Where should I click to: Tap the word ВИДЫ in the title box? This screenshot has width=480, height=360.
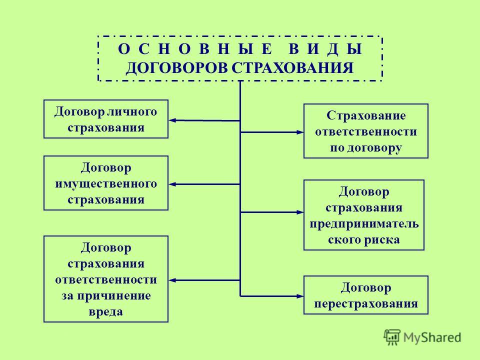(325, 49)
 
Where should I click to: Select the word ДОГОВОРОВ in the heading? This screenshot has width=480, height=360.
(177, 68)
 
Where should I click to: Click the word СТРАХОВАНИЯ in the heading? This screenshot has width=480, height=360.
(292, 68)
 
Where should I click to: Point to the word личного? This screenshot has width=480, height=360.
(132, 111)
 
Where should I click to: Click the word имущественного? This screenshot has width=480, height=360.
(106, 183)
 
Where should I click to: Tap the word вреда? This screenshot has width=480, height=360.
(106, 311)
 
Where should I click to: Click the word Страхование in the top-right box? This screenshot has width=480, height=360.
(366, 115)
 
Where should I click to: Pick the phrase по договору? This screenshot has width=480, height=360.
(366, 148)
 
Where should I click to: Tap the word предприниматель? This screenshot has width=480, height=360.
(364, 224)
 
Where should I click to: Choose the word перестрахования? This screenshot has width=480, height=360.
(366, 303)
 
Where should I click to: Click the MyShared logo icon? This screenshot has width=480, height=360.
(392, 337)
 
